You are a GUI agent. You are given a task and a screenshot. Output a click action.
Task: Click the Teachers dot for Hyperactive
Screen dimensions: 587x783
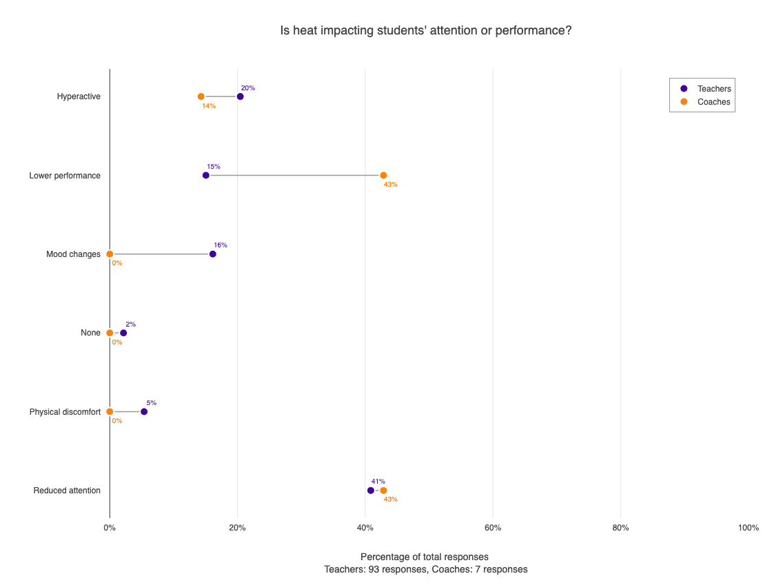coord(240,96)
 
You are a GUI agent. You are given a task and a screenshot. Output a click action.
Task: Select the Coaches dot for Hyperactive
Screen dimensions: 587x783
coord(201,96)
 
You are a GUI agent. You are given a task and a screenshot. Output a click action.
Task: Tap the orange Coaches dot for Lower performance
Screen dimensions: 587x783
coord(383,175)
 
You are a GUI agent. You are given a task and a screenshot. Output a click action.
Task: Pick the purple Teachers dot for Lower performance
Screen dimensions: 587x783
coord(206,175)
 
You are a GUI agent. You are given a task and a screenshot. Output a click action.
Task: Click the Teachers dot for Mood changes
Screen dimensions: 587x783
coord(212,254)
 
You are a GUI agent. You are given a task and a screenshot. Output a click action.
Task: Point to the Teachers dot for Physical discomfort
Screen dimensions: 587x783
coord(144,411)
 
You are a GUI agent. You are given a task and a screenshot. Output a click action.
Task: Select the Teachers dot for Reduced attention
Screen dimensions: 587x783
coord(371,491)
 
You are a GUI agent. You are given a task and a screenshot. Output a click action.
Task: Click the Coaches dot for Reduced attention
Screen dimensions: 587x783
coord(383,491)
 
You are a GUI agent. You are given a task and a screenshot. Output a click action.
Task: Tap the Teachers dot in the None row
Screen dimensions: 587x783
coord(123,333)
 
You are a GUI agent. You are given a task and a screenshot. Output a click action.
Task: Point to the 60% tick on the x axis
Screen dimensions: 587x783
coord(493,528)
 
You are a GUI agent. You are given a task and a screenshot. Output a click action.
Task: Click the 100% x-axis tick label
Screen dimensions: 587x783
coord(748,528)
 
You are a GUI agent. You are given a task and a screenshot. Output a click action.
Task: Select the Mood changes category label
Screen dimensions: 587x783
coord(73,254)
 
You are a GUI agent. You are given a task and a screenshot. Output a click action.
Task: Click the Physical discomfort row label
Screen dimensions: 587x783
coord(65,412)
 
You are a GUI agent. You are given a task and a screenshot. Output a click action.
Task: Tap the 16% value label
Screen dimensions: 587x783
coord(221,245)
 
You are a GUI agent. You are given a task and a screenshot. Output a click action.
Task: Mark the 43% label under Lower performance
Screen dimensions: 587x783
coord(391,185)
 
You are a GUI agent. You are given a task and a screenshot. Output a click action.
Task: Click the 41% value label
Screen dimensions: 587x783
coord(378,482)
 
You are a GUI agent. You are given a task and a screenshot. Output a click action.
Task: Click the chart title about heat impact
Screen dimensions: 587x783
coord(426,31)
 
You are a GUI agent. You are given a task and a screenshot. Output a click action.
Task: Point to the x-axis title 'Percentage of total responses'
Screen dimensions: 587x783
coord(425,557)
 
